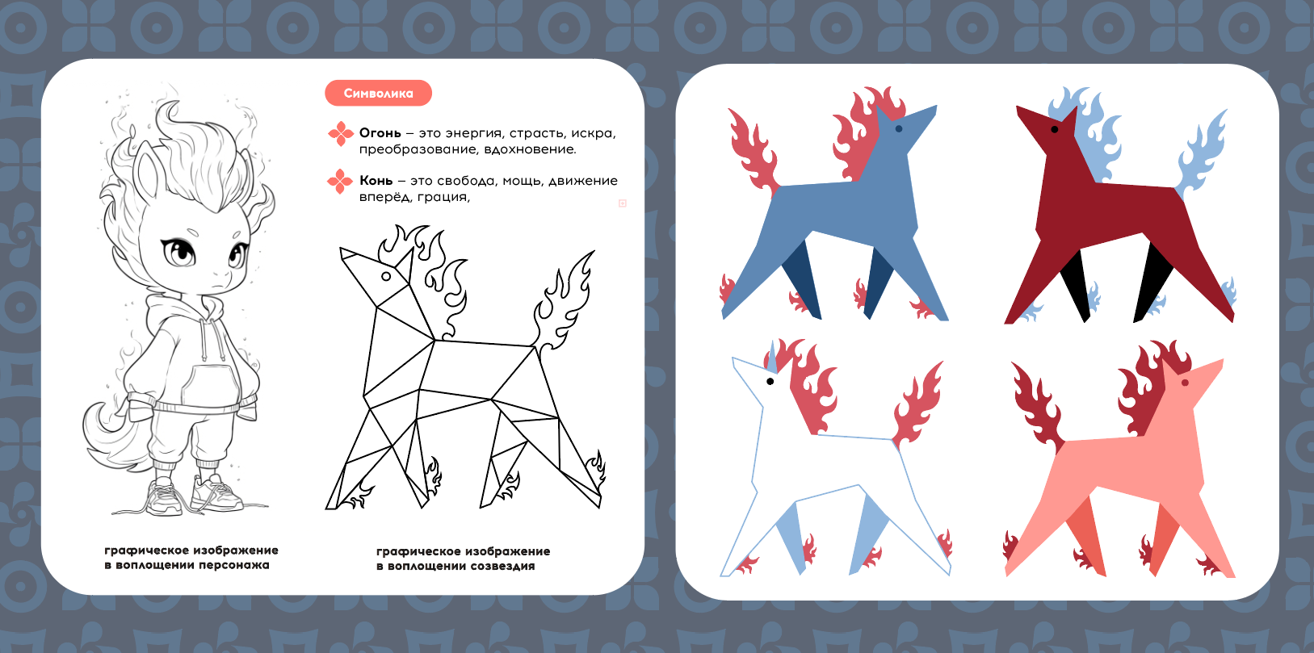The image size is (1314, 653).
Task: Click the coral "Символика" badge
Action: (378, 93)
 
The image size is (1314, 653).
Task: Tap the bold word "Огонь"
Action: (380, 133)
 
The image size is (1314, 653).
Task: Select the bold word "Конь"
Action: (376, 181)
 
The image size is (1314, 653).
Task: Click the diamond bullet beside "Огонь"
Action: (341, 134)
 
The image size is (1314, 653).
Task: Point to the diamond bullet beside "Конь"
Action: (340, 181)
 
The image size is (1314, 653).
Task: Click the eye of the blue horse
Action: (899, 129)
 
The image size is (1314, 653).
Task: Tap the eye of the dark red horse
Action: (1055, 129)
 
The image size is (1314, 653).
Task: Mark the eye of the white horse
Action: (770, 382)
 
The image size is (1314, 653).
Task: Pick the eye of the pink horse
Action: (1185, 383)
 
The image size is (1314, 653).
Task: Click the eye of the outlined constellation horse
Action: (387, 276)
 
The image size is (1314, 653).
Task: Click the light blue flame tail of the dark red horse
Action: (1203, 155)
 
